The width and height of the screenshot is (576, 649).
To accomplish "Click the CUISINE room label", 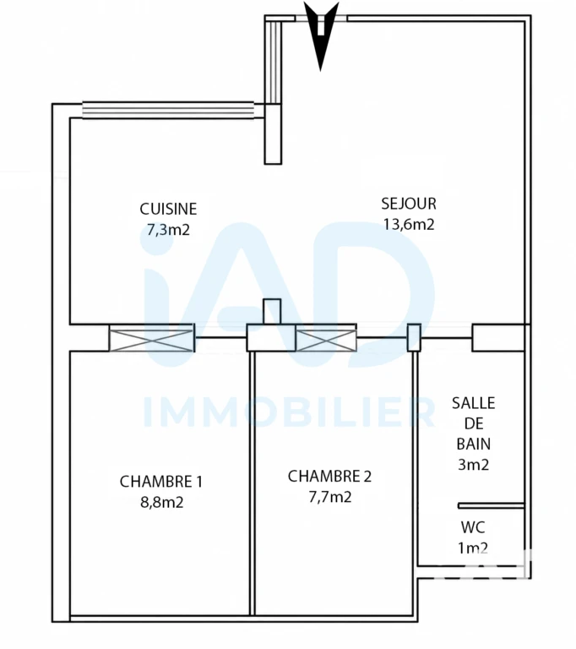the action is [x=168, y=209].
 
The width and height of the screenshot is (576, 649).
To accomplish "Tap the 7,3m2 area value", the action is [x=168, y=229].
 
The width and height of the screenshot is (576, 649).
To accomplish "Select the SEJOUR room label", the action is [x=409, y=204].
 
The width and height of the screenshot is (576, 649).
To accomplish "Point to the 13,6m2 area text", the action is [x=409, y=224].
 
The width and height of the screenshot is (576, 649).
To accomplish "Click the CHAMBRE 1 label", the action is [x=161, y=482].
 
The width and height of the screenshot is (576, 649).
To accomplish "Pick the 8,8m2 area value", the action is [x=162, y=503].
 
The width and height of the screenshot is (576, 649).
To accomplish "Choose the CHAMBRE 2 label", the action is [x=329, y=477].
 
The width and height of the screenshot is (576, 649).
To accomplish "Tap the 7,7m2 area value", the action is [x=329, y=497].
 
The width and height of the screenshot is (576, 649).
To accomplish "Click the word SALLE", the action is [x=473, y=403].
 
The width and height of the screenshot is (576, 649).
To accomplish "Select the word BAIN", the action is [x=473, y=444].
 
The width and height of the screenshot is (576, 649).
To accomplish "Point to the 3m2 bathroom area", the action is [x=473, y=465].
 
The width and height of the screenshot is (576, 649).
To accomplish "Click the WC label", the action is [x=473, y=527].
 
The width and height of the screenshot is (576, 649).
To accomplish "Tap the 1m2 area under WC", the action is [x=473, y=548].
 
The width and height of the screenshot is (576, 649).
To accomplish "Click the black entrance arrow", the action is [x=321, y=36].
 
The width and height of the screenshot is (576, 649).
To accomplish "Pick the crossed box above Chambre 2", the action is [x=326, y=341].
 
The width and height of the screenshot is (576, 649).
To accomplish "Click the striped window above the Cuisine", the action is [x=168, y=110].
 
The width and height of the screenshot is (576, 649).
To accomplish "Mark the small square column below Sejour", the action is [x=272, y=311].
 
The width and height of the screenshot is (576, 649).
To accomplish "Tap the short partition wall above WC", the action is [x=492, y=506].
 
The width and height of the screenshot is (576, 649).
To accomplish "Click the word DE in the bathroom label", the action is [x=474, y=424].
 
